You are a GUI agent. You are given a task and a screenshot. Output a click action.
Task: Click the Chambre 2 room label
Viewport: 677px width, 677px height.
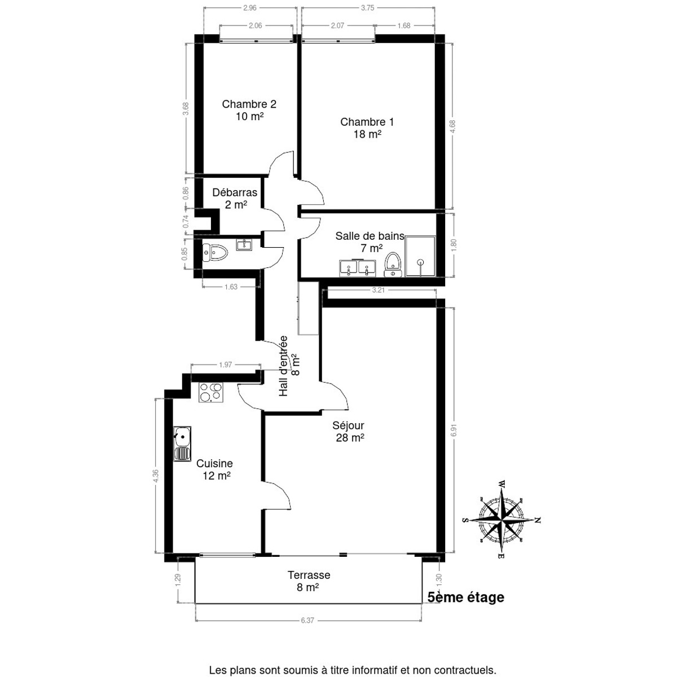pyautogui.click(x=249, y=110)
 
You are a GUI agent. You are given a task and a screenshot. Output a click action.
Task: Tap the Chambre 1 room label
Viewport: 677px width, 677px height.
pyautogui.click(x=367, y=128)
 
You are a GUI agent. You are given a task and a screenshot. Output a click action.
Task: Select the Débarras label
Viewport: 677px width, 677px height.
pyautogui.click(x=235, y=198)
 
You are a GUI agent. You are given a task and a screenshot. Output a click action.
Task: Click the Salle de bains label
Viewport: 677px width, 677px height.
pyautogui.click(x=370, y=241)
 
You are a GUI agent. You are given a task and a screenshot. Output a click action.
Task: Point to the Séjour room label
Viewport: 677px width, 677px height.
pyautogui.click(x=349, y=431)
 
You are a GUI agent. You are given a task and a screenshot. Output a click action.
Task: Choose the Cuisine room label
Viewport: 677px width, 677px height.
pyautogui.click(x=214, y=469)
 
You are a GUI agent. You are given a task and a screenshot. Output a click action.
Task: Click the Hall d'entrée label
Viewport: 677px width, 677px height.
pyautogui.click(x=289, y=366)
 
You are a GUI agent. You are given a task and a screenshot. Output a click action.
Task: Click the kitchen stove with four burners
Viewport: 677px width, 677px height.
pyautogui.click(x=211, y=392)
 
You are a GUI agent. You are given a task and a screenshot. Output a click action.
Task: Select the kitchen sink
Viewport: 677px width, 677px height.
pyautogui.click(x=182, y=444)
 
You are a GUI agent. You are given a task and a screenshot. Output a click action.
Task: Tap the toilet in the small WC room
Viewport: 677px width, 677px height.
pyautogui.click(x=216, y=253)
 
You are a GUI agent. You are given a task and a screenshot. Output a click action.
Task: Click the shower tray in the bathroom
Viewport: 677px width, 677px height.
pyautogui.click(x=420, y=256)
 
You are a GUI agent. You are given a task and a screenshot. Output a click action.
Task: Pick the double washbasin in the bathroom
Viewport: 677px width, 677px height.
pyautogui.click(x=357, y=268)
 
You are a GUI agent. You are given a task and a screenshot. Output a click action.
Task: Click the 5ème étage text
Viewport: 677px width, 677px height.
pyautogui.click(x=466, y=597)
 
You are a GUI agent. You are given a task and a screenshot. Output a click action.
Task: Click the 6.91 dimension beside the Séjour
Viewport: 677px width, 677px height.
pyautogui.click(x=455, y=430)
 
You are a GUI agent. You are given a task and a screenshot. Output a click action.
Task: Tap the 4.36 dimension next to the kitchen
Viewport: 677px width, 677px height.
pyautogui.click(x=156, y=476)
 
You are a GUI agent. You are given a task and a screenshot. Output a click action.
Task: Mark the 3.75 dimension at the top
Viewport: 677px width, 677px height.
pyautogui.click(x=367, y=8)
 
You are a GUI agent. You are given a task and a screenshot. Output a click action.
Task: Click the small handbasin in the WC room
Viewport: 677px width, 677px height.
pyautogui.click(x=244, y=244)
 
